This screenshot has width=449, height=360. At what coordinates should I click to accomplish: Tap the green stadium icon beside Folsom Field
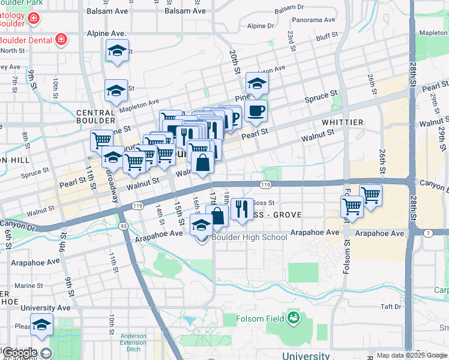(x=294, y=317)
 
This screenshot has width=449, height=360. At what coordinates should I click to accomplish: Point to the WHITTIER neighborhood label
(x=342, y=122)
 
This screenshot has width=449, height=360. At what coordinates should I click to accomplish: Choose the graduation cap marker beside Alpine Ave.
(x=117, y=51)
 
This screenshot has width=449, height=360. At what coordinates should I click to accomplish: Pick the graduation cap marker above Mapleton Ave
(x=116, y=91)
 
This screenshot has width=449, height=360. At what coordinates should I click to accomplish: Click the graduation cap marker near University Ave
(x=41, y=325)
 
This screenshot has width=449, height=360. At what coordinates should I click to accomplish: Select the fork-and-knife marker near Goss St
(x=242, y=209)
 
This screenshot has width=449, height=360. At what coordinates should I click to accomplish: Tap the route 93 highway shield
(x=123, y=226)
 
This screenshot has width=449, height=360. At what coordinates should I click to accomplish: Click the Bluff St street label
(x=328, y=37)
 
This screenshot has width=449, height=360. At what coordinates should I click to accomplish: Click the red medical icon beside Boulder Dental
(x=61, y=40)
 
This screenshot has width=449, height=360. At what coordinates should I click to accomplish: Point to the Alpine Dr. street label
(x=261, y=26)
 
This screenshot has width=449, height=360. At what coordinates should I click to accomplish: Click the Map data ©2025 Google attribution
(x=411, y=355)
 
